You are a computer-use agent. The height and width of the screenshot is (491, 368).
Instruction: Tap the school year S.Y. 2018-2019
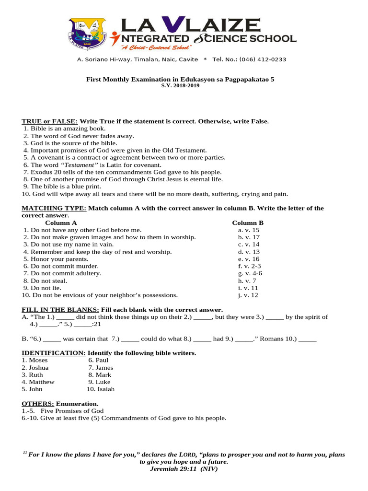[x=180, y=86]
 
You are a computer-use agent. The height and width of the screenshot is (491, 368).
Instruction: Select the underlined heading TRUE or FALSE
[x=50, y=121]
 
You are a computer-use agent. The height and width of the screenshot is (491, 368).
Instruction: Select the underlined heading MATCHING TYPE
[x=54, y=208]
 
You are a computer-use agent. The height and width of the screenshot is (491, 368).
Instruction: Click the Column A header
[x=61, y=223]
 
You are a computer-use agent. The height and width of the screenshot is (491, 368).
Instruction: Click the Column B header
[x=248, y=223]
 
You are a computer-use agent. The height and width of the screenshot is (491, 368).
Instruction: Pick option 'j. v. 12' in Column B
[x=248, y=295]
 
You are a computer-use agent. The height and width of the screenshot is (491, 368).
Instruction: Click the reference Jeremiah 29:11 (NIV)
[x=184, y=468]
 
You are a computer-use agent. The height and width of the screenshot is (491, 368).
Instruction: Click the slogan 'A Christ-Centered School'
[x=156, y=47]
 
